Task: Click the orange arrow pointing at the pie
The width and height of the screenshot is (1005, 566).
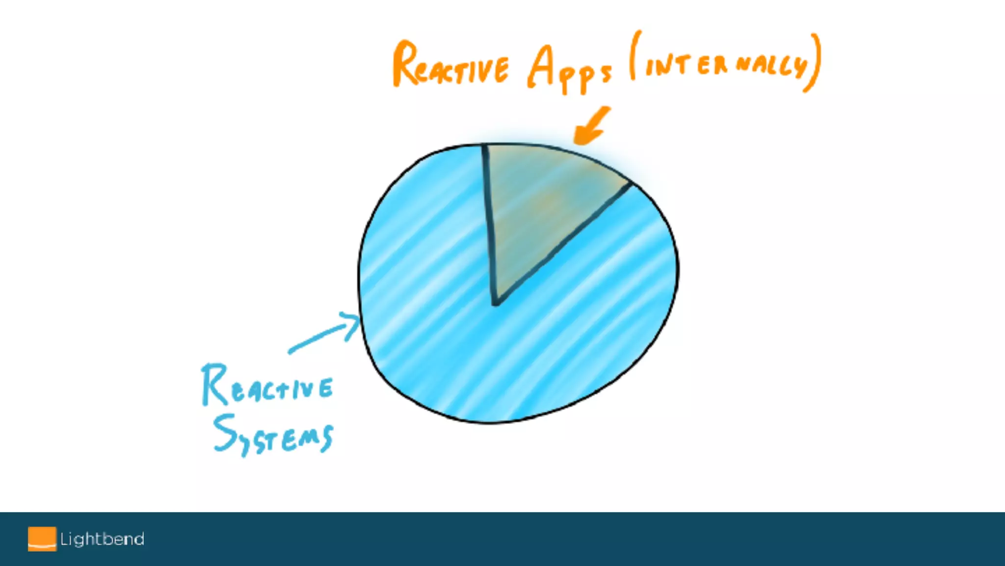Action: tap(591, 126)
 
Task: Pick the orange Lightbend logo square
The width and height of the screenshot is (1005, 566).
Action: tap(42, 539)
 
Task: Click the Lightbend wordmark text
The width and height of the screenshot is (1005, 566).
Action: tap(102, 539)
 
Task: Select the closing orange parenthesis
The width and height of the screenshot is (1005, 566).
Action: tap(814, 63)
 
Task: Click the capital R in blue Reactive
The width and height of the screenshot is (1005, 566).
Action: tap(214, 385)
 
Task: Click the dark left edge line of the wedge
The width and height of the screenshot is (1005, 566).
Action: tap(489, 221)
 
